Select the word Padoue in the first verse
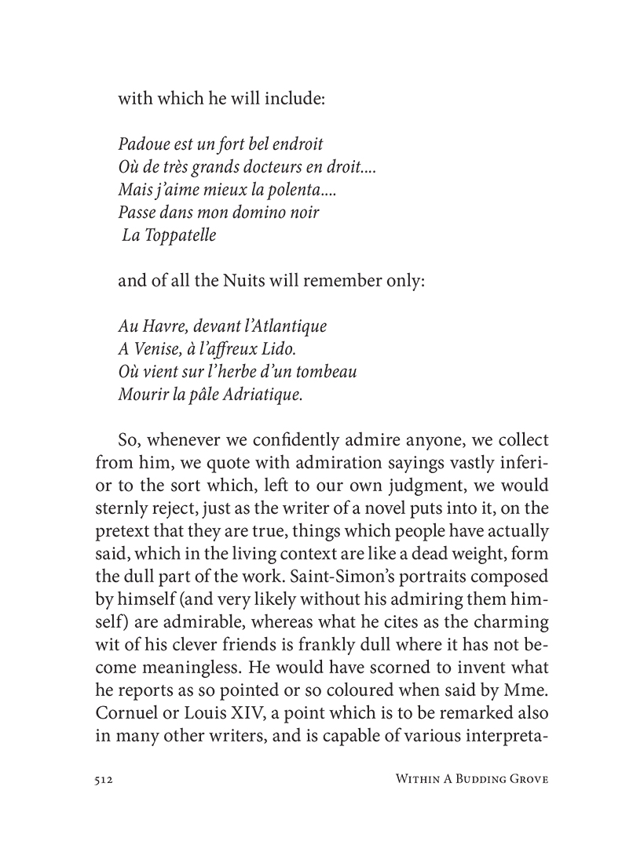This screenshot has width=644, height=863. [141, 145]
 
